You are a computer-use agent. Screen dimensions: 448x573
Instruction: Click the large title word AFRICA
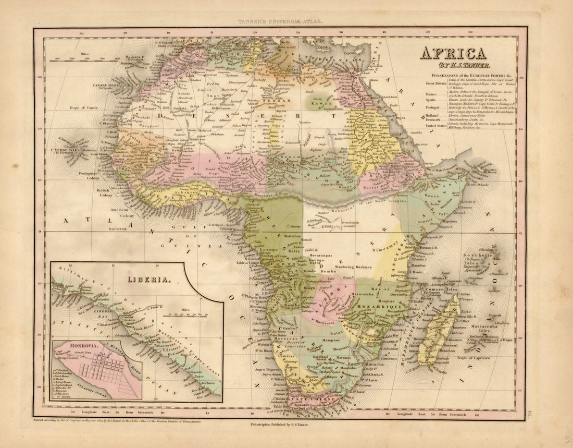click(453, 53)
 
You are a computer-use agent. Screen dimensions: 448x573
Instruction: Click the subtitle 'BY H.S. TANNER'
click(453, 66)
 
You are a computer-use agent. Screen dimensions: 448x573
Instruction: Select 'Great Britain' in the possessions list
click(437, 83)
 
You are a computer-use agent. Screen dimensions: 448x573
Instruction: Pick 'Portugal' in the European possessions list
click(435, 107)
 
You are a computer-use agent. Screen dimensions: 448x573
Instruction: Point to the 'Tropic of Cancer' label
click(84, 108)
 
